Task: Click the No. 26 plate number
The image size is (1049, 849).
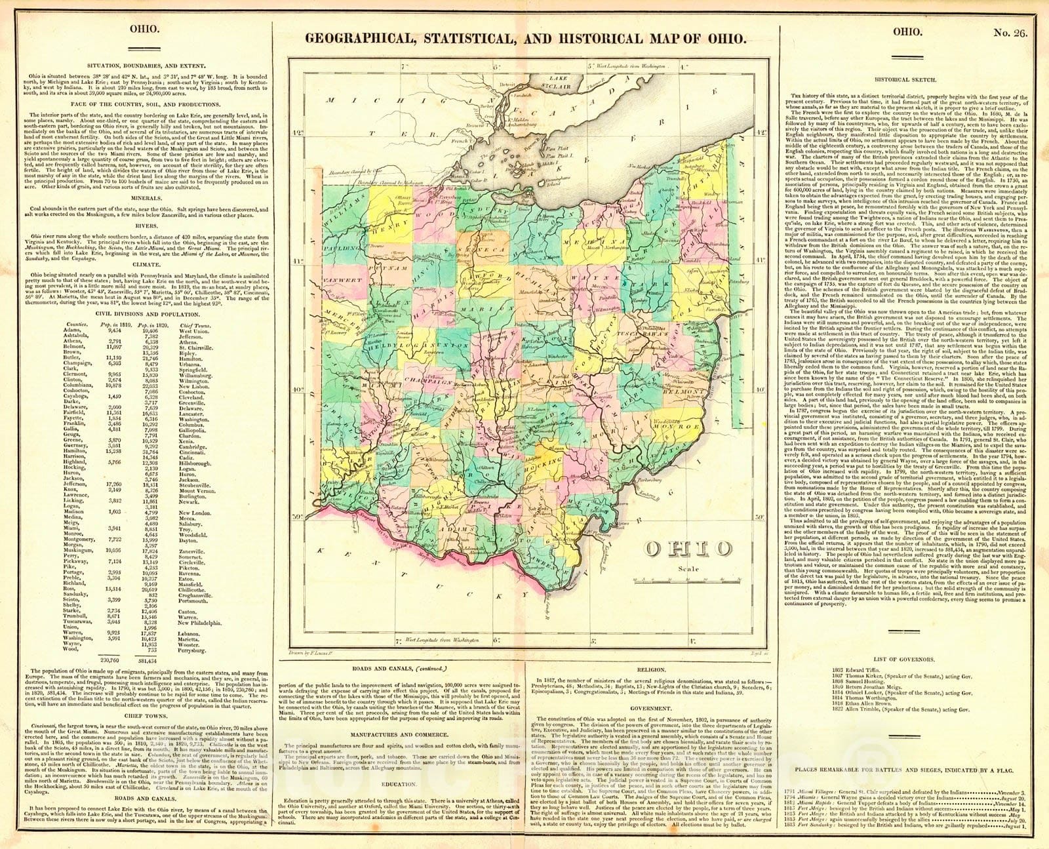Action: (1013, 31)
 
